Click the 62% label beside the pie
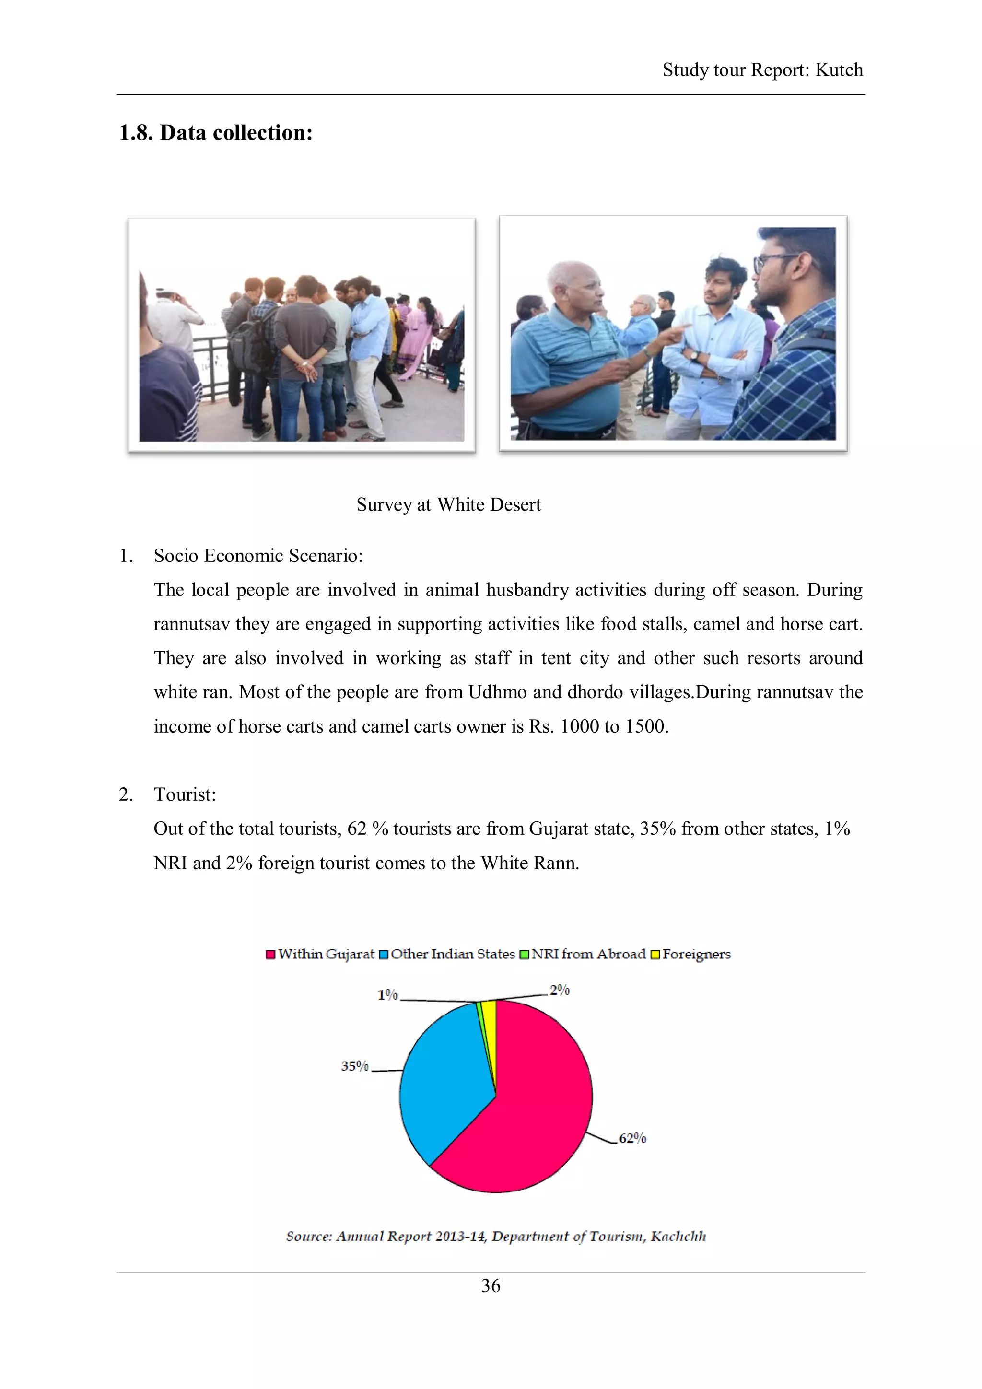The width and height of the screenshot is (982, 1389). tap(632, 1139)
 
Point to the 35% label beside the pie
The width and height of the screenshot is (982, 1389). tap(354, 1066)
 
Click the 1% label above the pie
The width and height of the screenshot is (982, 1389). tap(387, 995)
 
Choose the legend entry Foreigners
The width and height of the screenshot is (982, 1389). tap(696, 954)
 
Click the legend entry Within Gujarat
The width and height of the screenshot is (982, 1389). tap(326, 954)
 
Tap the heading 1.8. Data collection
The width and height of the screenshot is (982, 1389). tap(216, 132)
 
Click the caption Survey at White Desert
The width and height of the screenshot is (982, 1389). tap(448, 504)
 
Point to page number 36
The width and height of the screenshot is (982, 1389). tap(491, 1286)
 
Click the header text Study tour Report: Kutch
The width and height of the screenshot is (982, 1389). tap(762, 70)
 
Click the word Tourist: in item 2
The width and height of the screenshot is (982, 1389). tap(185, 794)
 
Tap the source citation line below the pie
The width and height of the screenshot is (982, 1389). tap(495, 1236)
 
